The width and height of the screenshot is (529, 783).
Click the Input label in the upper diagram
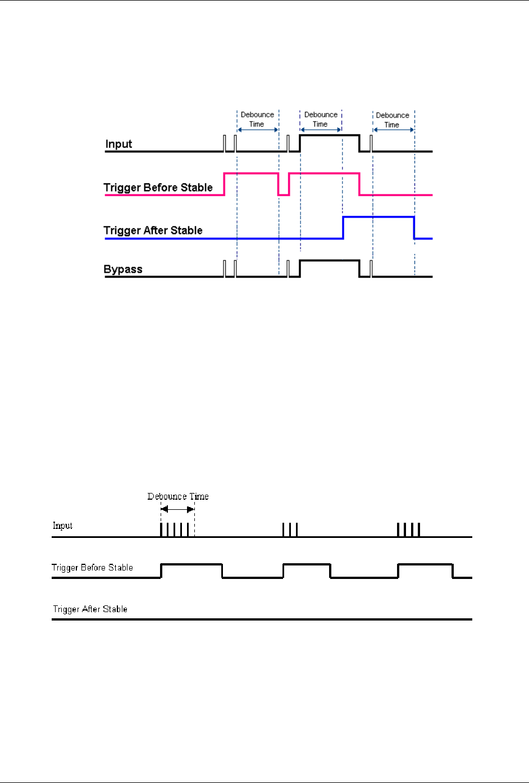pyautogui.click(x=118, y=144)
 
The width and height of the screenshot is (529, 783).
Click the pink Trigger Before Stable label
pyautogui.click(x=158, y=188)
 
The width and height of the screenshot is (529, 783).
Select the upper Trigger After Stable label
pyautogui.click(x=153, y=230)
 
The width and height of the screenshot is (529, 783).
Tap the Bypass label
pyautogui.click(x=123, y=269)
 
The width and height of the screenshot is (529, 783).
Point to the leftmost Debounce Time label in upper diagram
pyautogui.click(x=257, y=119)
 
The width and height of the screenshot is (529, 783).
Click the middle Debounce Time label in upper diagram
pyautogui.click(x=321, y=119)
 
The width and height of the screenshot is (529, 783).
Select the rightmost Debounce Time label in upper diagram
pyautogui.click(x=393, y=120)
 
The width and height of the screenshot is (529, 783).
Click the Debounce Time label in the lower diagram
pyautogui.click(x=178, y=496)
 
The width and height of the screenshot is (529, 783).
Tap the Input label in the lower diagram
pyautogui.click(x=62, y=526)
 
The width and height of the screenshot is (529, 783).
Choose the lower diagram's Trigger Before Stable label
pyautogui.click(x=92, y=568)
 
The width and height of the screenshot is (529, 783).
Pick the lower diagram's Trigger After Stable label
pyautogui.click(x=90, y=609)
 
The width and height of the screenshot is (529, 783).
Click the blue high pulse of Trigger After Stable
pyautogui.click(x=378, y=217)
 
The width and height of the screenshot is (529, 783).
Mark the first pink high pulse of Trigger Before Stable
pyautogui.click(x=251, y=174)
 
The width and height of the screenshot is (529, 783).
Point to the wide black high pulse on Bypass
pyautogui.click(x=330, y=261)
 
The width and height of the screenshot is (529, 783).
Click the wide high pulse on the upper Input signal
pyautogui.click(x=330, y=135)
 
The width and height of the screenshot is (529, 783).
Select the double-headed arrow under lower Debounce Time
pyautogui.click(x=177, y=509)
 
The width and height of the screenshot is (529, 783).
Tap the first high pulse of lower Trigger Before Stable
pyautogui.click(x=191, y=564)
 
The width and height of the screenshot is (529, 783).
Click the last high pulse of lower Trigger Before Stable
pyautogui.click(x=425, y=564)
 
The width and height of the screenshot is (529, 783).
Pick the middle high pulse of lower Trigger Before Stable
pyautogui.click(x=307, y=564)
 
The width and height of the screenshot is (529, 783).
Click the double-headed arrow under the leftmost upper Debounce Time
pyautogui.click(x=258, y=130)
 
